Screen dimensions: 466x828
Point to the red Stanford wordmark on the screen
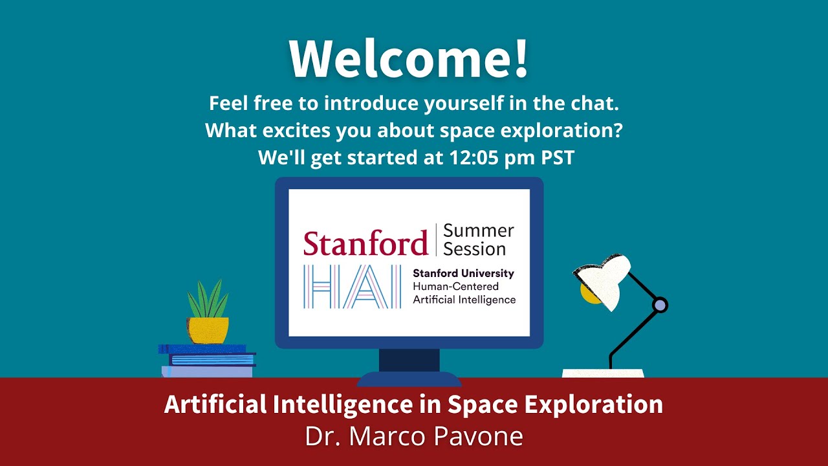365,243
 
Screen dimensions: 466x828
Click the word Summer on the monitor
479,231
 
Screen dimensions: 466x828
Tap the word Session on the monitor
475,249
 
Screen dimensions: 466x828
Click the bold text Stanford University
463,274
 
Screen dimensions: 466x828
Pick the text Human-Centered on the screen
455,287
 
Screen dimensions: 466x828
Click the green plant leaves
208,300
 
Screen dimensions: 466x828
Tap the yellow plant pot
208,329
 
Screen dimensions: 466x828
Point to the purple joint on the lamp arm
659,304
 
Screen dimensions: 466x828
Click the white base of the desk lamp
603,373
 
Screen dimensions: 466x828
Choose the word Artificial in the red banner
215,405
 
